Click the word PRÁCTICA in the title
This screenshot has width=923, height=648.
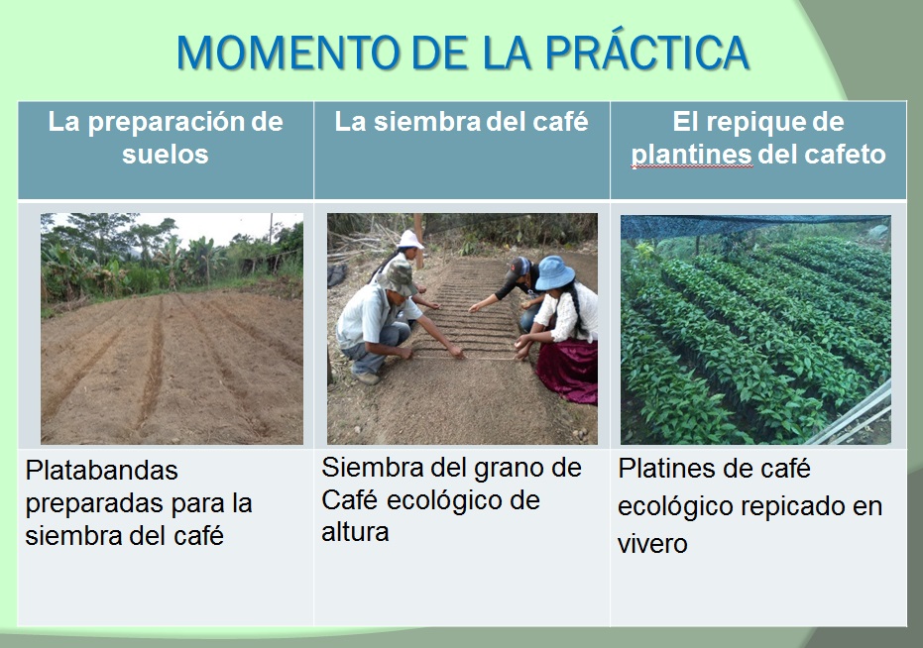click(647, 53)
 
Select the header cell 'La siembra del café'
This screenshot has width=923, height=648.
click(462, 150)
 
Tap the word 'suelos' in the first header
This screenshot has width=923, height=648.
click(166, 155)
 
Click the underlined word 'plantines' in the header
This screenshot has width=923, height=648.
click(691, 156)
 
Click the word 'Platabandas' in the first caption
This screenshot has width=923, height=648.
click(101, 471)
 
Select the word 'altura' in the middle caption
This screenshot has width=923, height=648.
click(355, 532)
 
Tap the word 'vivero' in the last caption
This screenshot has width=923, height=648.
click(652, 543)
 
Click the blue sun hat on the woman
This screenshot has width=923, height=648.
click(554, 272)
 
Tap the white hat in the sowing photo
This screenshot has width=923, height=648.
click(410, 239)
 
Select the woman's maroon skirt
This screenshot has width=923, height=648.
click(568, 370)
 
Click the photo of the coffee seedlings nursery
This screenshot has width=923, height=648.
click(755, 330)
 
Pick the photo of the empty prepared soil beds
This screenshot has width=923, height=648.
click(172, 329)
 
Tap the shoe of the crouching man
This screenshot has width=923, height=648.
click(365, 378)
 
